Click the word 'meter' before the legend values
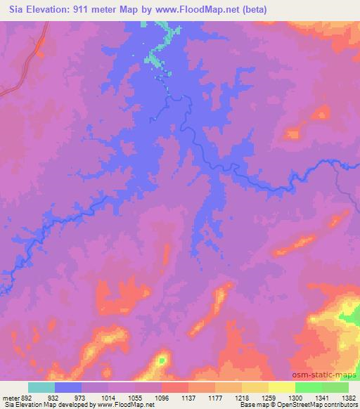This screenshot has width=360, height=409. point(9,397)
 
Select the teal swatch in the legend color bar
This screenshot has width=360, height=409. point(41,387)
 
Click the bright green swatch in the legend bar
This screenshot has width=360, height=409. point(309,387)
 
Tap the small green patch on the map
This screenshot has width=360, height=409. point(162,360)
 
